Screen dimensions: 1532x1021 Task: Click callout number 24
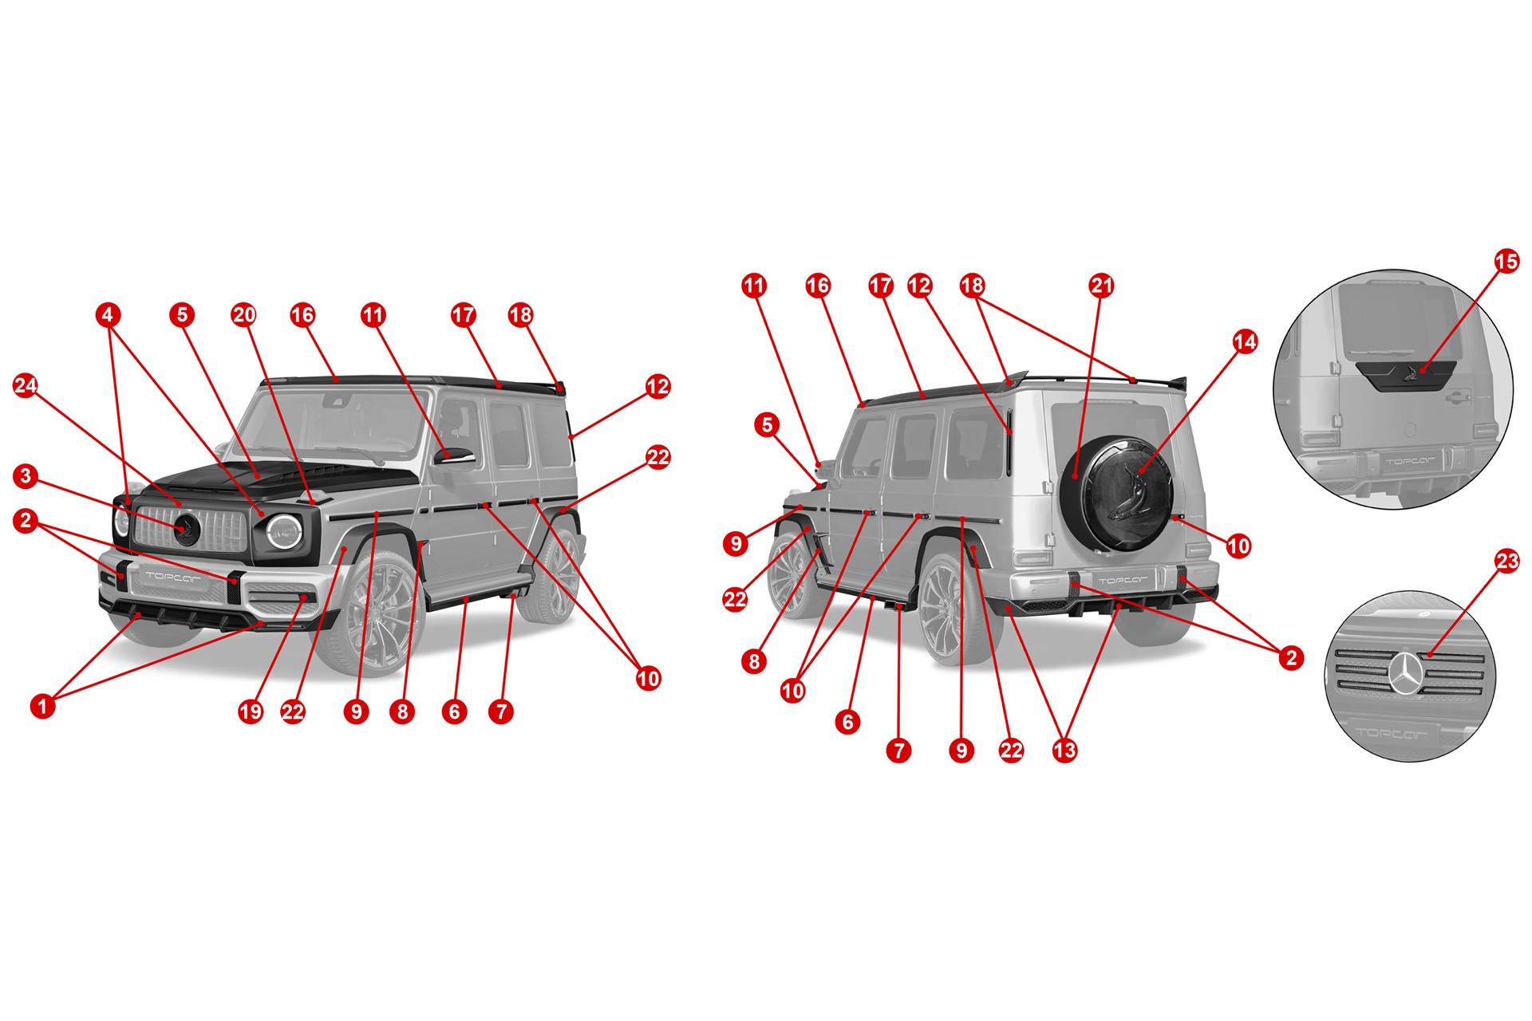point(26,386)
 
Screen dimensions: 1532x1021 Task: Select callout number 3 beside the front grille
point(26,477)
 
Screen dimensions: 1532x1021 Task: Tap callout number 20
point(243,315)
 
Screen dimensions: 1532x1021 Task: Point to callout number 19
point(251,712)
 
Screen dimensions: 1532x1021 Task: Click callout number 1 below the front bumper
point(43,706)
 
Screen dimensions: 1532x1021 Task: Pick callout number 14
point(1245,342)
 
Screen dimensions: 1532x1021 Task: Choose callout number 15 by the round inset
point(1506,262)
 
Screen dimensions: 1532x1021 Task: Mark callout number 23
point(1506,562)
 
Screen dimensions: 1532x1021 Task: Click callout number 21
point(1101,286)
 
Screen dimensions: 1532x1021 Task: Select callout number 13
point(1064,751)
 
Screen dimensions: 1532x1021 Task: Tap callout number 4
point(109,315)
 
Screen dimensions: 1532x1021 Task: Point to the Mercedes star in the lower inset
point(1409,672)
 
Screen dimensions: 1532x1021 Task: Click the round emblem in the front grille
point(187,530)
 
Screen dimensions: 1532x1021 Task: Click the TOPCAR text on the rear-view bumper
point(1123,580)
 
